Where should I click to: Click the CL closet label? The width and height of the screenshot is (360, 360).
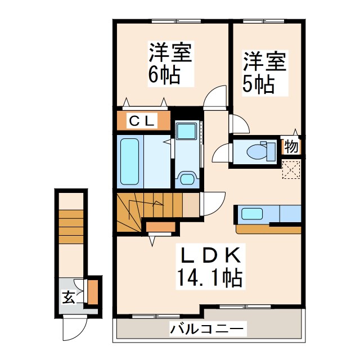pyautogui.click(x=143, y=120)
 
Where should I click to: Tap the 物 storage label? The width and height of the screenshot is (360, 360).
pyautogui.click(x=291, y=147)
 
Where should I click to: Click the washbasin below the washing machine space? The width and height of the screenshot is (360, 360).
pyautogui.click(x=185, y=179)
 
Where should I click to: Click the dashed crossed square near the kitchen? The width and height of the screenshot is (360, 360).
pyautogui.click(x=291, y=169)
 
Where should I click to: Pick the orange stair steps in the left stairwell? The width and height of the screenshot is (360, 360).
pyautogui.click(x=71, y=225)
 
